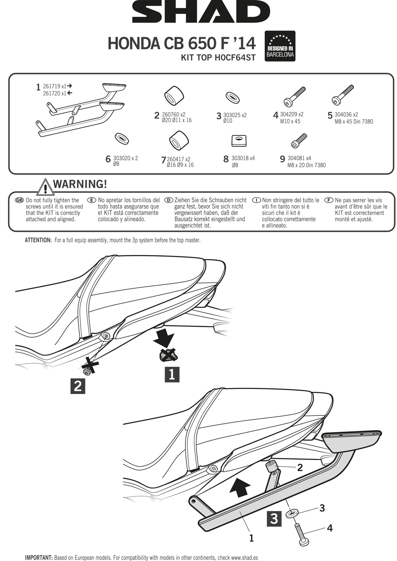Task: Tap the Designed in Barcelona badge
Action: (280, 46)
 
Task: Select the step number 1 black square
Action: (172, 374)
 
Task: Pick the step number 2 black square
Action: (78, 386)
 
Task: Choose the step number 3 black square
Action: (274, 519)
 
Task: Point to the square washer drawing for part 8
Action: (239, 141)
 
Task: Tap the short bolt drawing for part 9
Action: (299, 141)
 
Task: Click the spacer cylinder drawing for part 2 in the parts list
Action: (174, 95)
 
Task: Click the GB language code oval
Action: (19, 200)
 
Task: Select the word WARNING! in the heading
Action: (80, 184)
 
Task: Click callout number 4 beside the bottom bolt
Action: (329, 528)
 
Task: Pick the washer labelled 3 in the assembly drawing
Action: (291, 514)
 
